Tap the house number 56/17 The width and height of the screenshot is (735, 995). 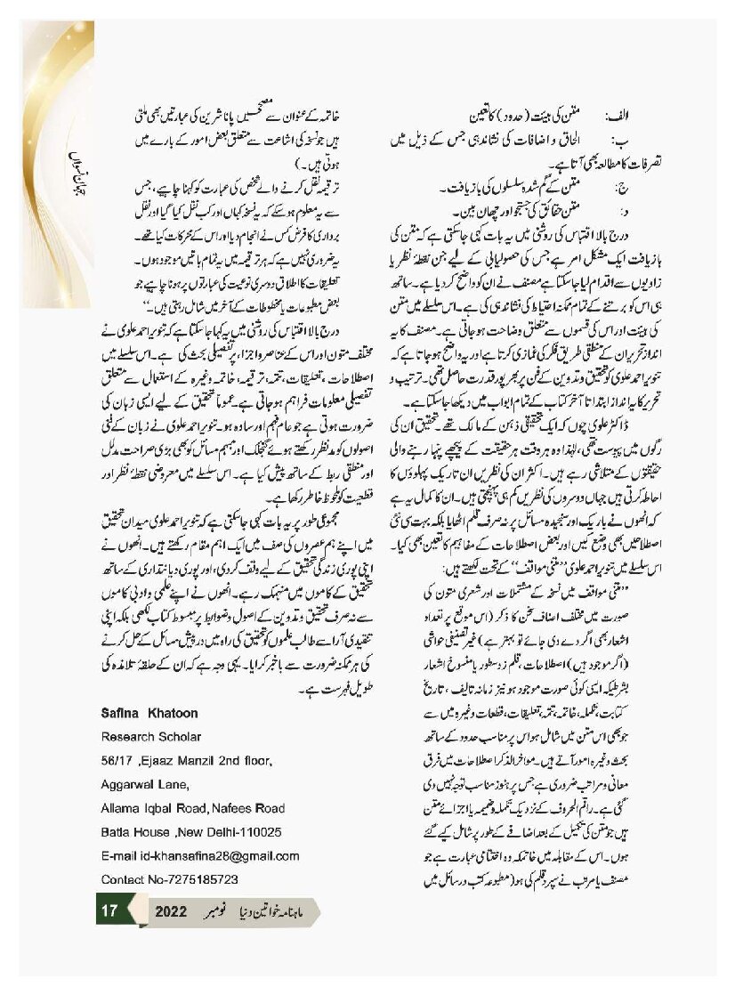pos(117,760)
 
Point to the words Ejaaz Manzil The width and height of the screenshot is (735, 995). pos(185,760)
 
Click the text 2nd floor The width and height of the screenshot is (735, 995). pos(249,760)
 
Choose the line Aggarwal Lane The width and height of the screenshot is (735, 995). pos(148,784)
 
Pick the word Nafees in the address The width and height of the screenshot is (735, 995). pos(241,808)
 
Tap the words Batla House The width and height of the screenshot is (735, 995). pos(137,832)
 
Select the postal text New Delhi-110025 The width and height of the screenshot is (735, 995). pos(231,832)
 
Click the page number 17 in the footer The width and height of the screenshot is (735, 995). pos(109,912)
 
